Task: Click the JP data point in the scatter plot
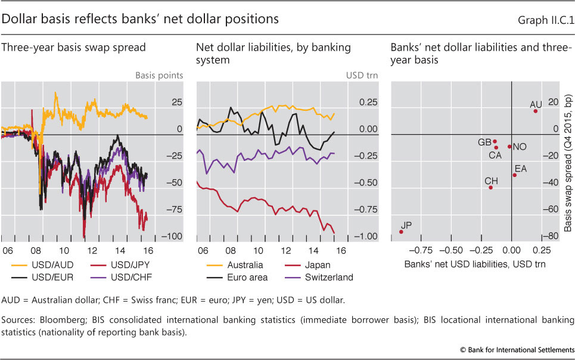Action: pos(401,232)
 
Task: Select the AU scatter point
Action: pos(536,111)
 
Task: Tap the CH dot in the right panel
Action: pos(491,187)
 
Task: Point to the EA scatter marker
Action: pos(515,175)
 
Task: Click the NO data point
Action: pos(509,146)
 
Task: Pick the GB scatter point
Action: pos(495,142)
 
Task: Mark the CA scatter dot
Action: pos(496,147)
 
